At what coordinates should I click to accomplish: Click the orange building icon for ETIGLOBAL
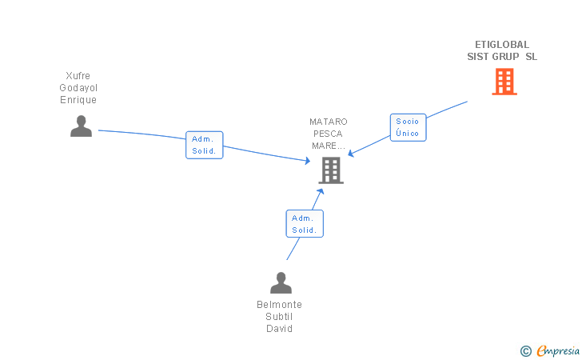504,82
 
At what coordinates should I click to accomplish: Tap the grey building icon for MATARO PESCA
331,170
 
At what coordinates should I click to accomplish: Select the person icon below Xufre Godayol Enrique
82,126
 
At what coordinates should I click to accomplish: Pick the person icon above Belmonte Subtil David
281,282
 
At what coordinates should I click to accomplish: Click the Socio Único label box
408,127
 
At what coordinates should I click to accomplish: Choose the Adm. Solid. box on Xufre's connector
204,145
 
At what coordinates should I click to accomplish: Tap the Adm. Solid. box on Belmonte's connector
305,224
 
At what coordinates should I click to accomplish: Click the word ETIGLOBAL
502,45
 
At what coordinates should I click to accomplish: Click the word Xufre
78,76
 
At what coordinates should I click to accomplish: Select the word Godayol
78,88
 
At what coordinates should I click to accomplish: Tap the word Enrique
78,100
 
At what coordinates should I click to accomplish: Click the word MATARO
329,122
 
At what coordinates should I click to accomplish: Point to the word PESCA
328,134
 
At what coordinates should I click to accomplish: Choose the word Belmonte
280,305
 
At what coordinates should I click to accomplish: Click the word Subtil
279,317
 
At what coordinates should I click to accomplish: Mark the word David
280,329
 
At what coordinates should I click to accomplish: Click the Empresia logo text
558,351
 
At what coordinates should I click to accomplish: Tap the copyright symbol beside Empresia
526,351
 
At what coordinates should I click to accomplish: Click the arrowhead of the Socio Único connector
350,153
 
